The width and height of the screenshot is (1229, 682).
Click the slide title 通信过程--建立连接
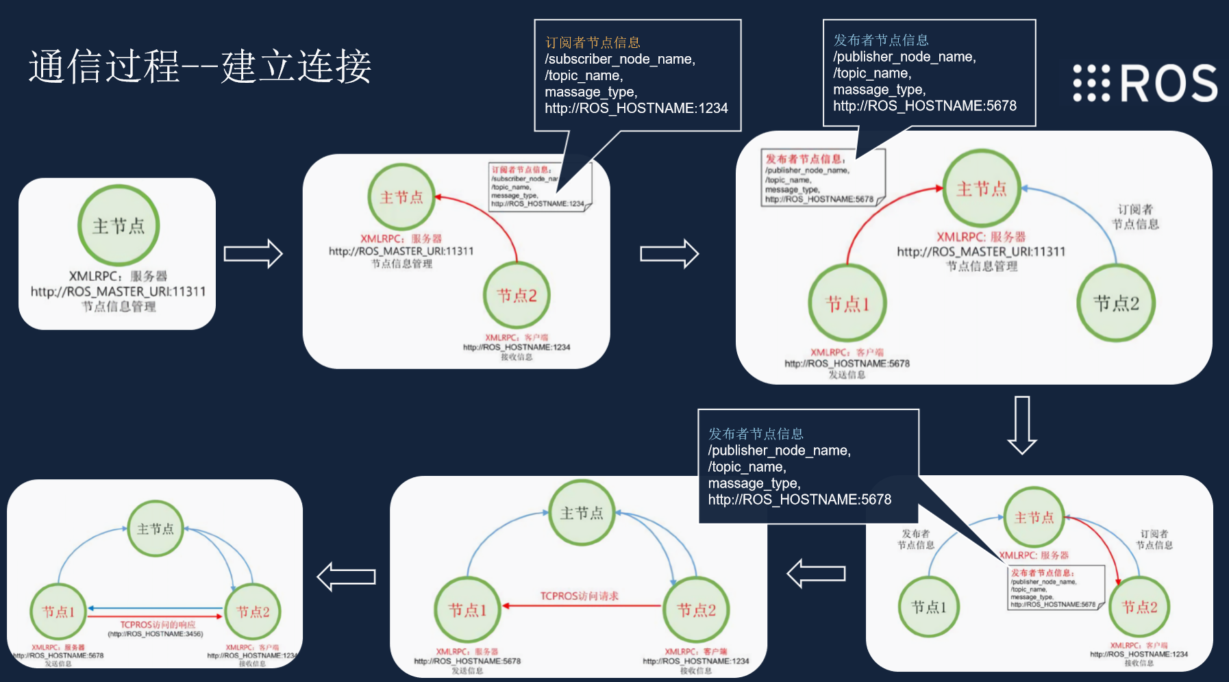200,66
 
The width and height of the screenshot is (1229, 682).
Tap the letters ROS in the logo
1169,84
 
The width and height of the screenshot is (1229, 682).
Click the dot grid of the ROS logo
1091,84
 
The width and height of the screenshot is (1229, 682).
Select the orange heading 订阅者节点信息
593,42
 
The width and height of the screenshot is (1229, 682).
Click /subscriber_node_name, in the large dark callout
620,60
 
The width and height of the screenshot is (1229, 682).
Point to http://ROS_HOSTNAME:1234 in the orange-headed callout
636,108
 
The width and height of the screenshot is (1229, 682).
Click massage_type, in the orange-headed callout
591,92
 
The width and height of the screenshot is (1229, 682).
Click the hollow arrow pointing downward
1021,425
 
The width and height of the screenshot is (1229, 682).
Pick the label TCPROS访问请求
579,596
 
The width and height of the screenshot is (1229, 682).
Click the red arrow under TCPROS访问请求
582,606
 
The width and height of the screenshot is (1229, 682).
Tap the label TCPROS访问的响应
158,624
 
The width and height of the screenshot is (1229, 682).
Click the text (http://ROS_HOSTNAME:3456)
156,634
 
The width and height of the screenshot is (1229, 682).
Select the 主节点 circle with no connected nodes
119,225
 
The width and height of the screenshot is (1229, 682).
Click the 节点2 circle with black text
1116,303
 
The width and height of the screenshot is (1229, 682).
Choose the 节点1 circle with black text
928,607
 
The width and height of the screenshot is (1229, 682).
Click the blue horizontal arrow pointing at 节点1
156,608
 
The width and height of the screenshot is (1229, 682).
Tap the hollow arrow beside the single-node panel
253,254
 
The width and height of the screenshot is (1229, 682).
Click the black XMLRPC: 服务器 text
118,276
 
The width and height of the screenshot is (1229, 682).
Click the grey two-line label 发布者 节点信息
916,540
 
